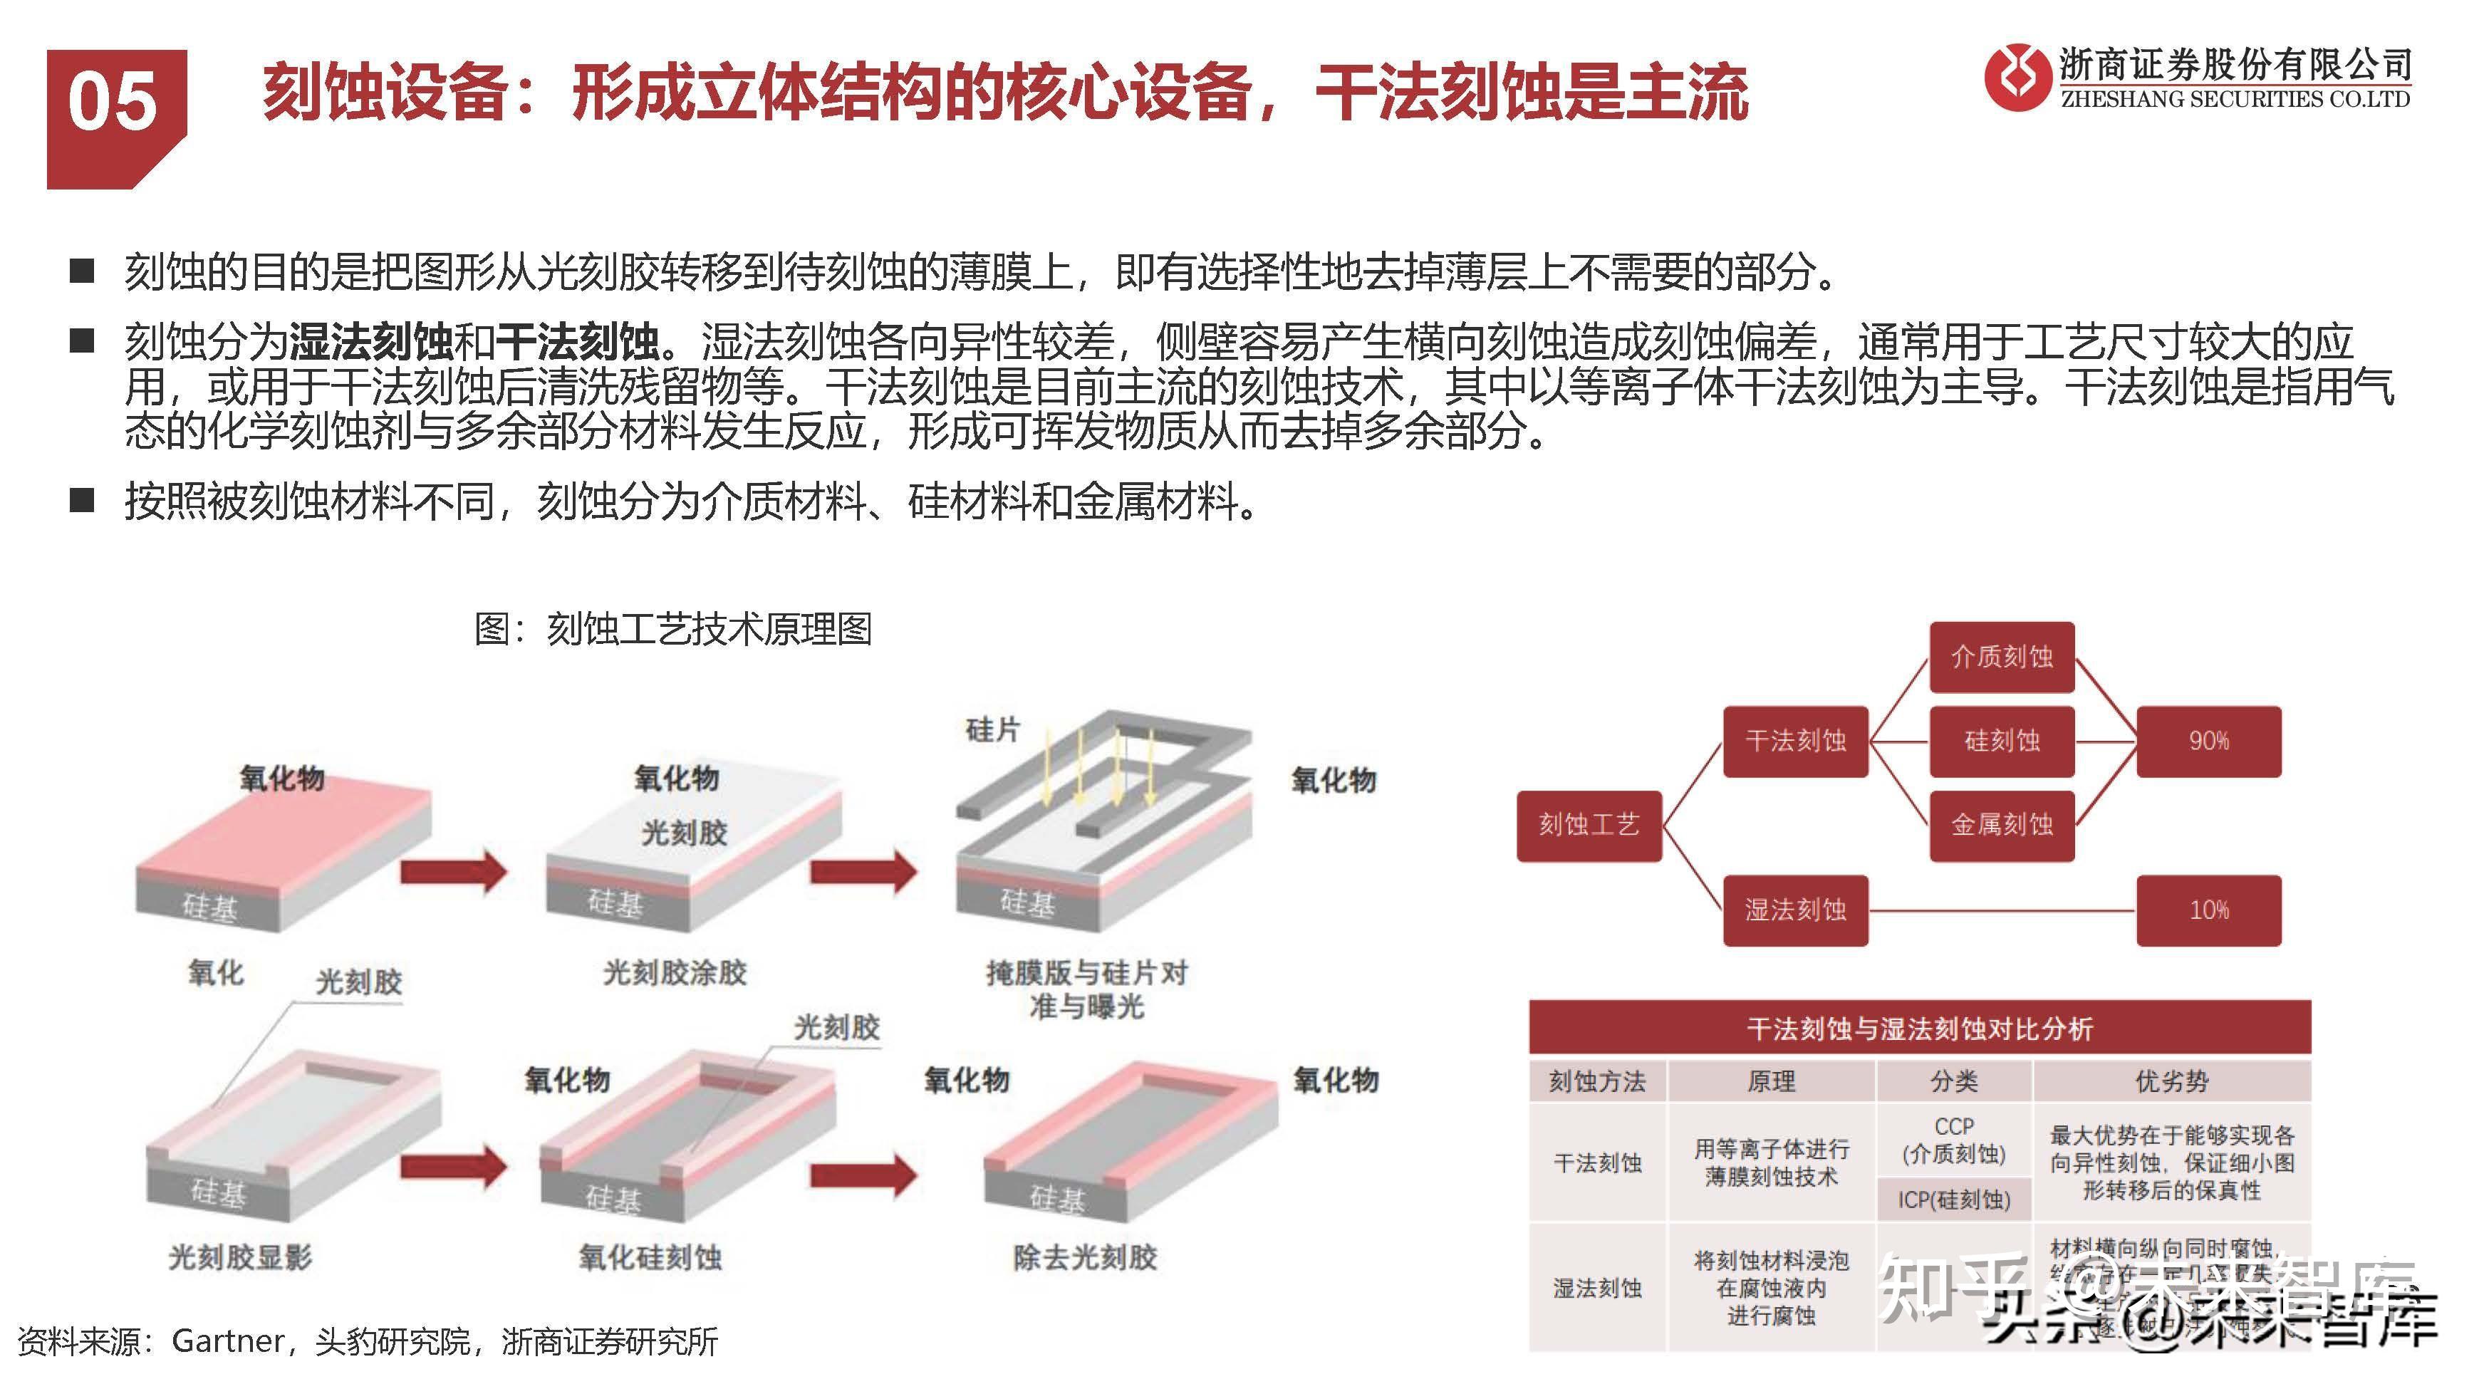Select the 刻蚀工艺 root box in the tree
point(1589,825)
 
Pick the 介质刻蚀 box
point(2002,657)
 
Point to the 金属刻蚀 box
point(2002,825)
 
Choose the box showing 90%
point(2208,742)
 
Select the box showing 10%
point(2208,910)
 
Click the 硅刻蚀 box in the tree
point(2002,742)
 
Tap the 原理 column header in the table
point(1771,1082)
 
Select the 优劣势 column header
point(2171,1082)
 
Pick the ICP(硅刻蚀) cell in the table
point(1953,1200)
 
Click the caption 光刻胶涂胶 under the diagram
point(675,973)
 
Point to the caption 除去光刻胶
point(1084,1258)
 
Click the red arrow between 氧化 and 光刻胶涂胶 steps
point(452,872)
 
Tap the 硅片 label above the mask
point(992,731)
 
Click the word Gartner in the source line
point(228,1341)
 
